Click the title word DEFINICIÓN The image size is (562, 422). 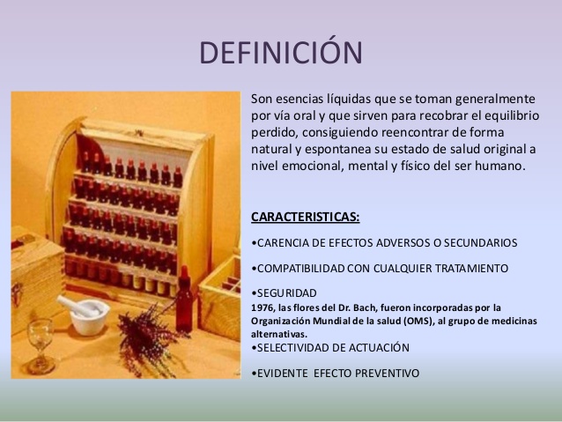(x=281, y=52)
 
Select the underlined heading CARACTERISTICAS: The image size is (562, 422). (x=305, y=217)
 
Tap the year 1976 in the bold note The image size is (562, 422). (x=259, y=307)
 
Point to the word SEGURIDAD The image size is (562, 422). (x=287, y=292)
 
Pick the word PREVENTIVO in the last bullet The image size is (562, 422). (x=387, y=373)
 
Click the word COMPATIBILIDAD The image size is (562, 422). (x=300, y=268)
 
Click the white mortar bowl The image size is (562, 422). (x=90, y=317)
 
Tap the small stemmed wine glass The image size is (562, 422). (x=41, y=346)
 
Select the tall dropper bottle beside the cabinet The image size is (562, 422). (x=184, y=300)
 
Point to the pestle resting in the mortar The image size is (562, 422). (x=76, y=307)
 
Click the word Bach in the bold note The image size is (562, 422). (x=366, y=307)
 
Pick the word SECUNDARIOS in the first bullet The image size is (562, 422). (x=481, y=243)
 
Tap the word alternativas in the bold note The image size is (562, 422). (x=279, y=334)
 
